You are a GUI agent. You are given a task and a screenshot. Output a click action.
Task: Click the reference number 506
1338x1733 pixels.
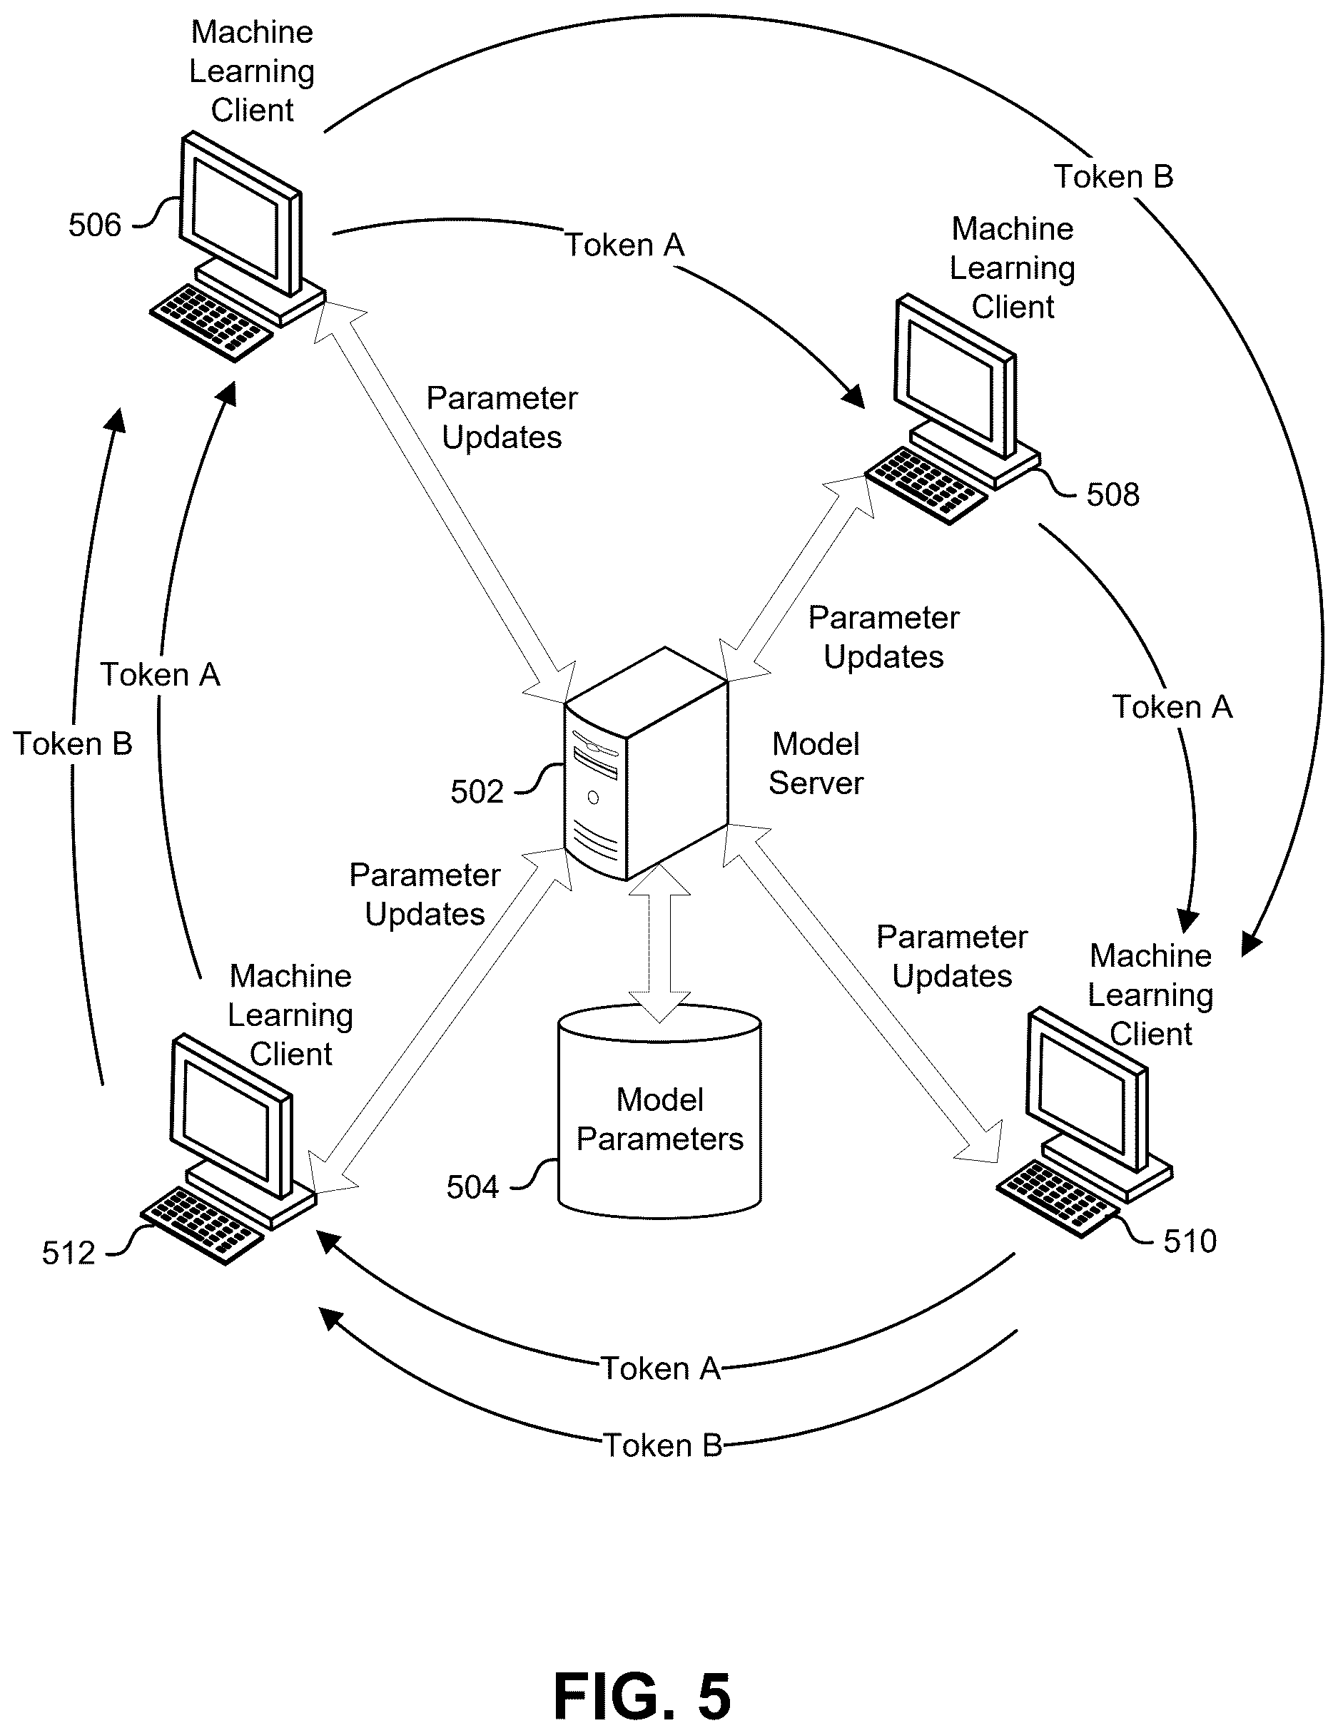point(94,225)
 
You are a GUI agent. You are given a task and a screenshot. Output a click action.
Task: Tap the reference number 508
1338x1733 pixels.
point(1113,495)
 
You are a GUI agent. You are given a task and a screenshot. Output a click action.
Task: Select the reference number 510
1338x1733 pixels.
point(1190,1241)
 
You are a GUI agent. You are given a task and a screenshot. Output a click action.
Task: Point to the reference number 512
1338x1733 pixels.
point(69,1253)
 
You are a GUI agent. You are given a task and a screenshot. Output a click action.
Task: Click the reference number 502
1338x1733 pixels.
point(477,792)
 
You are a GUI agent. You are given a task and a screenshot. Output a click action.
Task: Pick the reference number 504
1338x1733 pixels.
point(472,1187)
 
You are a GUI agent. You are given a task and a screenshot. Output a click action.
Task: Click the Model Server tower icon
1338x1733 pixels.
point(646,763)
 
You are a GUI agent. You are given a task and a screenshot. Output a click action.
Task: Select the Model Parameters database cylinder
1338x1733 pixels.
point(659,1111)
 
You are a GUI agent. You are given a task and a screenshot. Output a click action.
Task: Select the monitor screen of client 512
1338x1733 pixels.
point(225,1119)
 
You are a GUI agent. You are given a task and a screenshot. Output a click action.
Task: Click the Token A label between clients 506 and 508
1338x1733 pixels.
point(624,245)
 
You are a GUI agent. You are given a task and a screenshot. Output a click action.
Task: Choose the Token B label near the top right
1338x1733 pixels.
point(1113,176)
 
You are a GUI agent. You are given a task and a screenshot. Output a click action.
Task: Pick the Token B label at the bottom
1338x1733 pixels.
point(663,1445)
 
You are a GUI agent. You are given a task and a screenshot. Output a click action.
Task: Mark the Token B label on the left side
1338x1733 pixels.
point(72,743)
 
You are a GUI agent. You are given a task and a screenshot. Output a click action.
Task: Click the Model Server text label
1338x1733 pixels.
point(816,763)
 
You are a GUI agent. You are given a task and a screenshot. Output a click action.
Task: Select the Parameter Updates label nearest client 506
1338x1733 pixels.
point(502,417)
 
